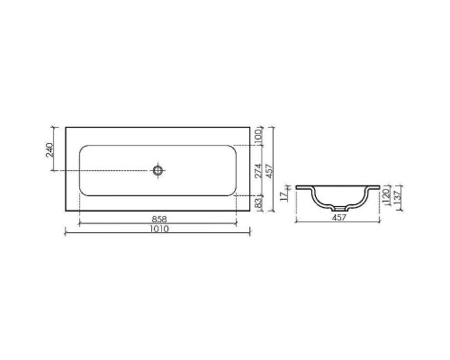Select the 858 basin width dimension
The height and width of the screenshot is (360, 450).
click(158, 219)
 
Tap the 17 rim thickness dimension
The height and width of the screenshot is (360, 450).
click(283, 194)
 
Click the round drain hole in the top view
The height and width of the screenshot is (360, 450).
click(158, 168)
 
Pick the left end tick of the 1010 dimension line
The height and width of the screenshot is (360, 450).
click(67, 233)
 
